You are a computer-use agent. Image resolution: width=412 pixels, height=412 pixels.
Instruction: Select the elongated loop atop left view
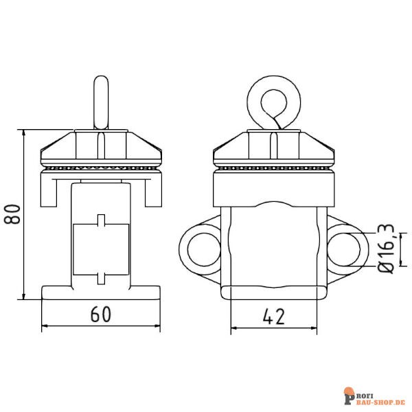pyautogui.click(x=101, y=103)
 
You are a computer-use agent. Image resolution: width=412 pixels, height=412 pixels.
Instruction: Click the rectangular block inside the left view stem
pyautogui.click(x=101, y=249)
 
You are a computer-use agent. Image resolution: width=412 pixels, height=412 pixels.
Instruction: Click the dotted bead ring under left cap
pyautogui.click(x=101, y=167)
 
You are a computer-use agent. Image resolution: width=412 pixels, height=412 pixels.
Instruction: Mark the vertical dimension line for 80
pyautogui.click(x=25, y=214)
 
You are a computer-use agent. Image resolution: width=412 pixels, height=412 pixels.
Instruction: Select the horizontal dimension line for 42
pyautogui.click(x=273, y=328)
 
